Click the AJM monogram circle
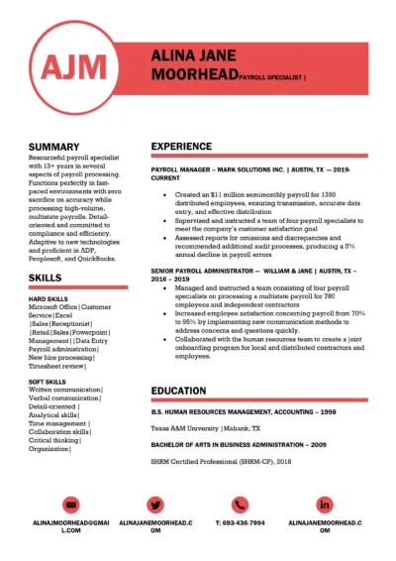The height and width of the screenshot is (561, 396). tap(74, 66)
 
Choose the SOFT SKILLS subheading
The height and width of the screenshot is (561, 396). tap(49, 381)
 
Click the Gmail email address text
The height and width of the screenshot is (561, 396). tap(71, 526)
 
